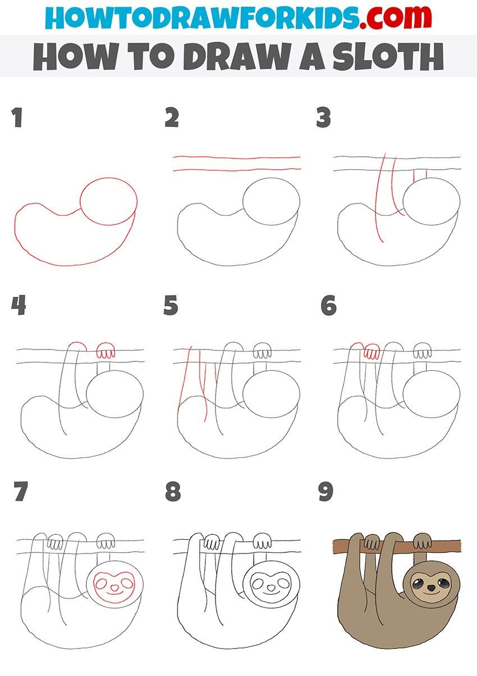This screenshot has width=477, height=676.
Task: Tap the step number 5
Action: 171,305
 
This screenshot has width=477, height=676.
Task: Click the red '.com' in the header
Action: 396,17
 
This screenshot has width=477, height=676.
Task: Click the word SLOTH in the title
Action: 388,56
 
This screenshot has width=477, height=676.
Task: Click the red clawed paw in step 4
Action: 106,350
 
